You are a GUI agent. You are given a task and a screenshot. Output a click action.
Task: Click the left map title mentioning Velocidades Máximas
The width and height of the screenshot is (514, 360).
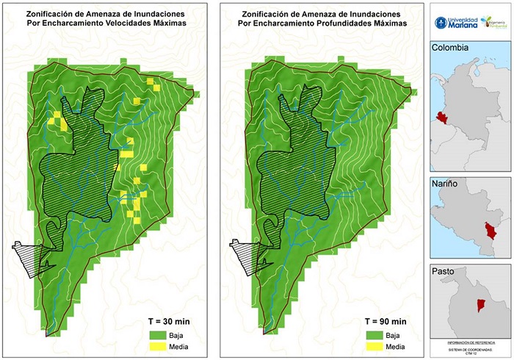pos(106,19)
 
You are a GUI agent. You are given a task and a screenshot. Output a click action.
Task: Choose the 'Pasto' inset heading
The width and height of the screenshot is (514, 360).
pos(444,271)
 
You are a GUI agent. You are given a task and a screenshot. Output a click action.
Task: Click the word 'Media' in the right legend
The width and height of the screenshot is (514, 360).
pos(396,346)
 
